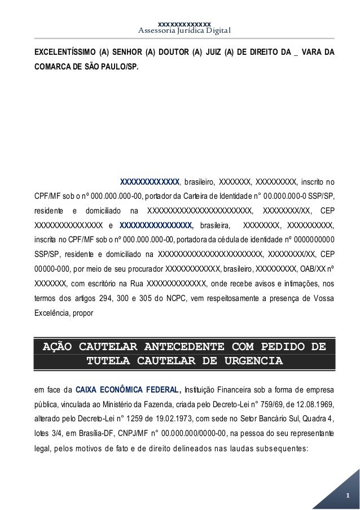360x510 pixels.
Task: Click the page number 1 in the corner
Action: tap(348, 496)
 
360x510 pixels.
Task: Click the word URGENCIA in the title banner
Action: tap(244, 360)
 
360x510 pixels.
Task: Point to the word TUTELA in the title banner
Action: tap(116, 360)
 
